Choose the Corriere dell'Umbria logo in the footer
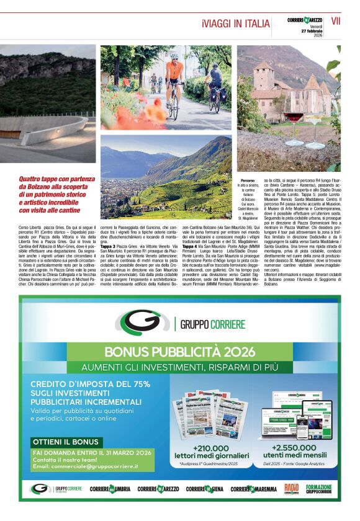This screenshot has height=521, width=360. tap(110, 489)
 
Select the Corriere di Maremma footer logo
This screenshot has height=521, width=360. tap(255, 489)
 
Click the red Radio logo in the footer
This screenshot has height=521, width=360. tap(292, 489)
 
